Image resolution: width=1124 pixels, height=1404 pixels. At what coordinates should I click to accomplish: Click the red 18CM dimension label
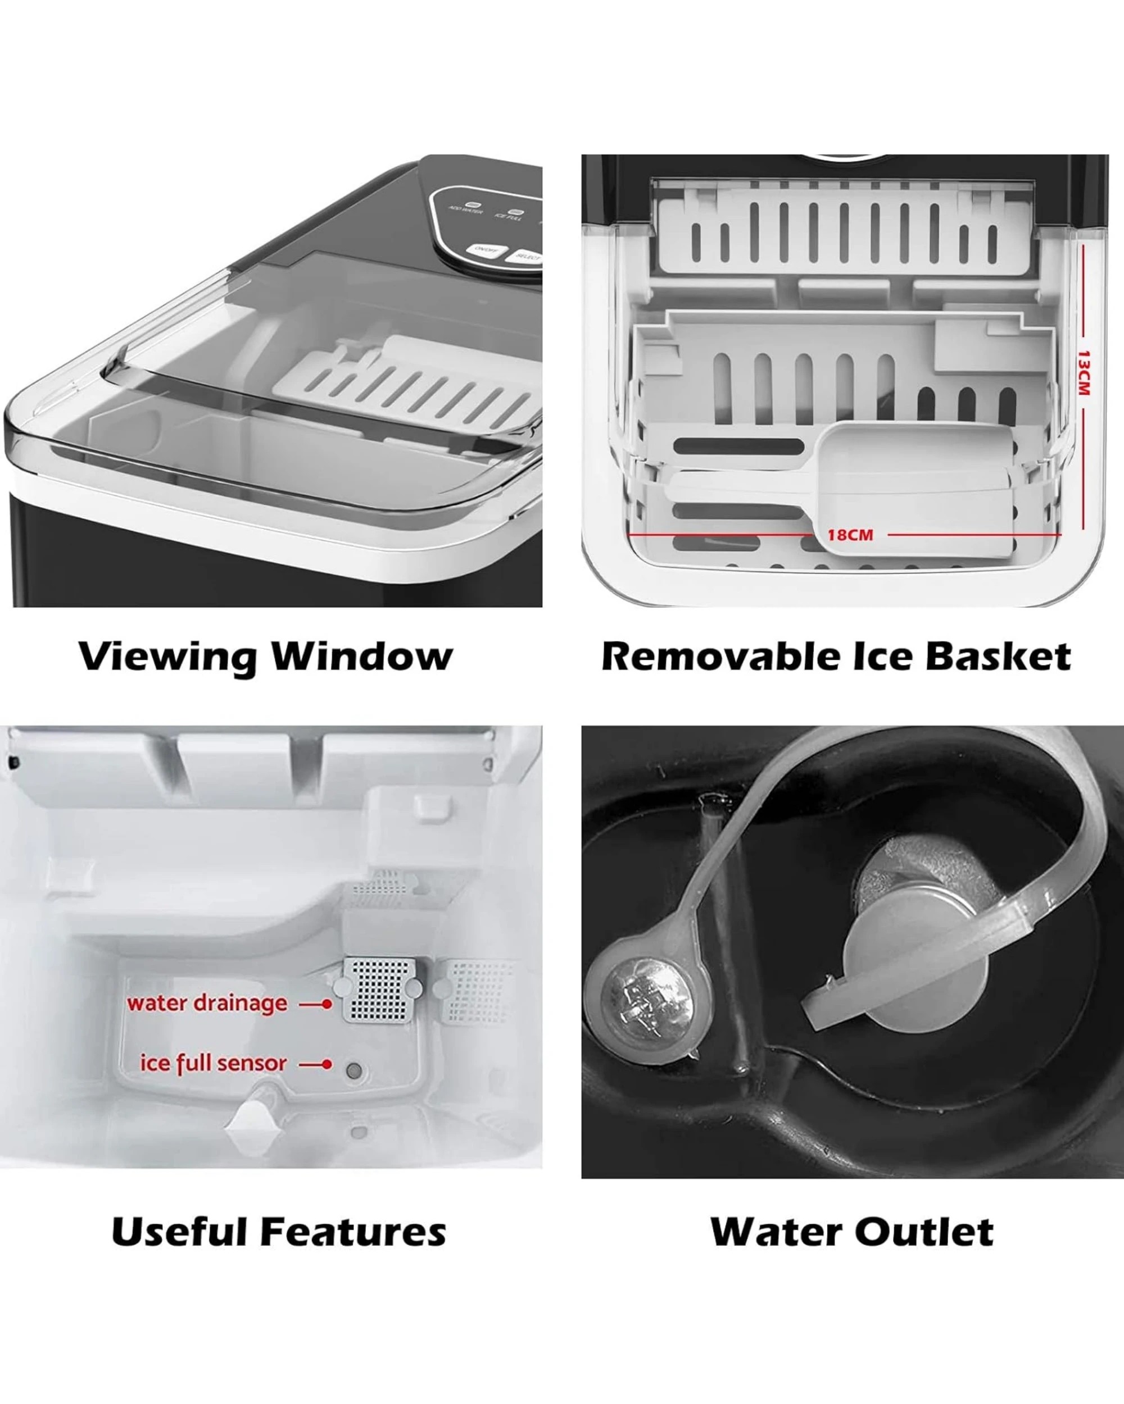850,535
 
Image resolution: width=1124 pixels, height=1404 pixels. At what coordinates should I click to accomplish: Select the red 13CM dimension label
1082,372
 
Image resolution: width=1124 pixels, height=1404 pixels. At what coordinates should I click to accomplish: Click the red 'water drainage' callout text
207,1004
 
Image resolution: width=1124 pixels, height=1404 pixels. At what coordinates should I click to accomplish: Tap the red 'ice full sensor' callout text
213,1064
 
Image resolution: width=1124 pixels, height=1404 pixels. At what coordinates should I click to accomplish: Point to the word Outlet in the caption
924,1232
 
